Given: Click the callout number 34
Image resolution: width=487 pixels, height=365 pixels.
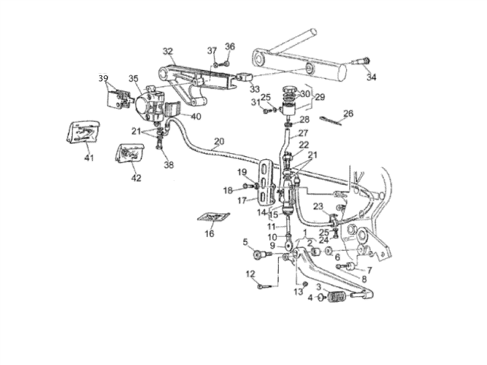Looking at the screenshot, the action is pyautogui.click(x=371, y=77).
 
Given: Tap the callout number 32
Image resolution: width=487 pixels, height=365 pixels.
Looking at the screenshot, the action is pyautogui.click(x=168, y=51).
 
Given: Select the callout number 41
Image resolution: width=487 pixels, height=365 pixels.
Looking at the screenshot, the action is pyautogui.click(x=89, y=158).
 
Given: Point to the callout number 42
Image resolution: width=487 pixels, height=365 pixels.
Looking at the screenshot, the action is pyautogui.click(x=136, y=178).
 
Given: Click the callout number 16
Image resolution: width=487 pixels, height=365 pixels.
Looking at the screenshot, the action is pyautogui.click(x=210, y=233).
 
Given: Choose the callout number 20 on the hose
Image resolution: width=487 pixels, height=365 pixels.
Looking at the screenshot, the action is pyautogui.click(x=219, y=141).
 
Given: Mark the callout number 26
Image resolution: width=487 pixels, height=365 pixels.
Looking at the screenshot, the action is pyautogui.click(x=348, y=114).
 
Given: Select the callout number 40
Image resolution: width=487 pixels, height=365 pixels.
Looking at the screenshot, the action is pyautogui.click(x=196, y=117).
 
